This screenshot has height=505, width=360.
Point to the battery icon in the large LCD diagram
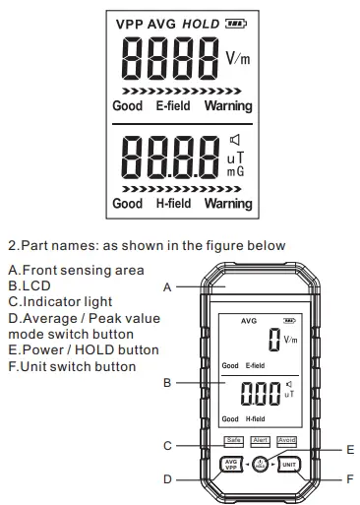pyautogui.click(x=235, y=23)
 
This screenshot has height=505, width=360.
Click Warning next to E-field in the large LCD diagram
pyautogui.click(x=228, y=105)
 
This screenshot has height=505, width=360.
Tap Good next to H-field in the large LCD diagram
pyautogui.click(x=127, y=204)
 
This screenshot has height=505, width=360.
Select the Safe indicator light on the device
pyautogui.click(x=233, y=440)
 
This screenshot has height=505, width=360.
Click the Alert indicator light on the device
pyautogui.click(x=260, y=440)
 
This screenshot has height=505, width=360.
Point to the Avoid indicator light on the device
pyautogui.click(x=286, y=440)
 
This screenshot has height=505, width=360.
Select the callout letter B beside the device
pyautogui.click(x=168, y=382)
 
